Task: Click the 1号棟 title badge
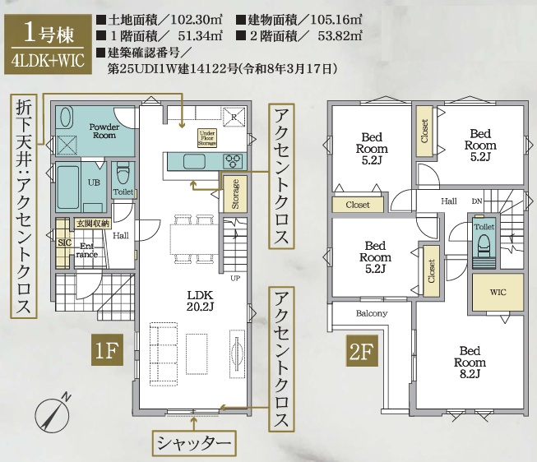48,44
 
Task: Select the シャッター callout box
194,444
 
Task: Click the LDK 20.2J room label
200,300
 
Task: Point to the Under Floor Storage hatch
207,138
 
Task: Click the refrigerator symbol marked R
234,117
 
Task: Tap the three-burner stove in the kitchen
233,161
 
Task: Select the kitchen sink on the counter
194,161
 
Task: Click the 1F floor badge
107,350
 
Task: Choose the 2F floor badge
362,350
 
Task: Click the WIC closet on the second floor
498,292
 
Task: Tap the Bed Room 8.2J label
470,362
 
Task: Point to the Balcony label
372,313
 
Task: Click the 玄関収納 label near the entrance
92,224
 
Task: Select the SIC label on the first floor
64,243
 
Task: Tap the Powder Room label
104,131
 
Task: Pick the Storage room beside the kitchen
235,194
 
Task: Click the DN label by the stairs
477,201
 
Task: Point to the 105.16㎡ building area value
336,20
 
